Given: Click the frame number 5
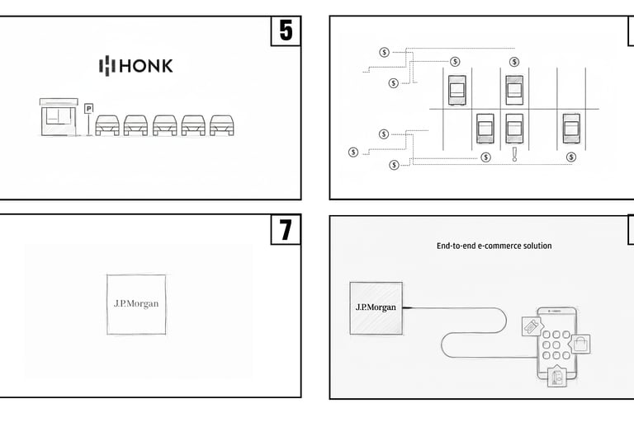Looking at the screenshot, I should pyautogui.click(x=286, y=31).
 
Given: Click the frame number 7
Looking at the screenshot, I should pyautogui.click(x=286, y=229).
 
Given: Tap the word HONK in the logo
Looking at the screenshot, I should pyautogui.click(x=148, y=66).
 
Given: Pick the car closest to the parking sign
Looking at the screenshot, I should pyautogui.click(x=108, y=124).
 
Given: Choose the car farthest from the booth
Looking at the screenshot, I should pyautogui.click(x=220, y=124).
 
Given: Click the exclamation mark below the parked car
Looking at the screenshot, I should pyautogui.click(x=514, y=154).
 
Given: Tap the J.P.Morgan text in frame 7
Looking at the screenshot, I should pyautogui.click(x=136, y=303).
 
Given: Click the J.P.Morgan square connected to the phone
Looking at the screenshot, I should pyautogui.click(x=376, y=307).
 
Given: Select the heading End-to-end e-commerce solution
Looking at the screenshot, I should pyautogui.click(x=494, y=246).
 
